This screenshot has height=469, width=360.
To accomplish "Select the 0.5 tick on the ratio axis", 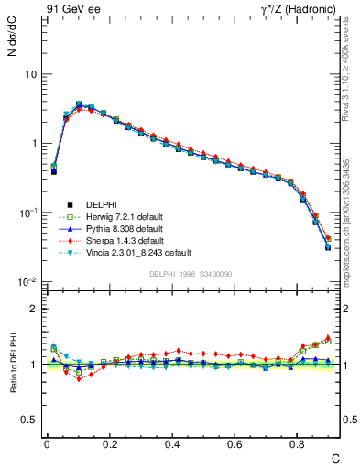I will [29, 420].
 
